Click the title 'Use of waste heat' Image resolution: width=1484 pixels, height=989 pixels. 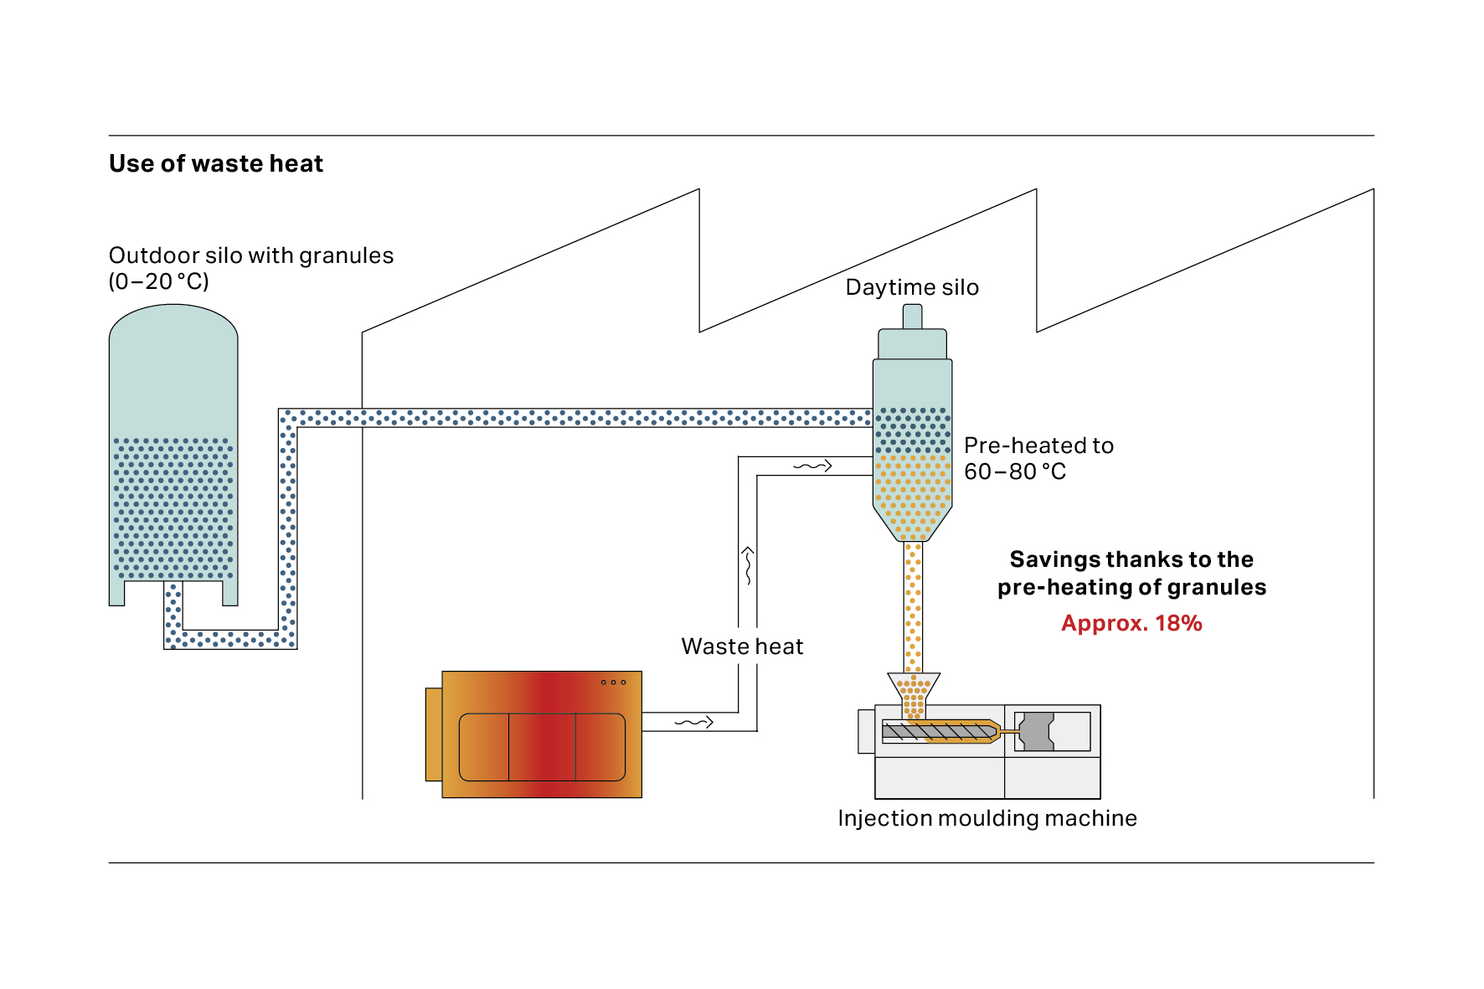216,163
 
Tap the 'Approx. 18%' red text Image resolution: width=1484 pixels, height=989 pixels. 1131,623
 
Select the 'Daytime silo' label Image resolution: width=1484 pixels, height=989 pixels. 912,288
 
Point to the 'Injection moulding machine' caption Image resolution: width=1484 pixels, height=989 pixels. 987,818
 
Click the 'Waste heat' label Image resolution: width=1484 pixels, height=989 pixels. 742,646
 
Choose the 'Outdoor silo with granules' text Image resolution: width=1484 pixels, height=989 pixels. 251,255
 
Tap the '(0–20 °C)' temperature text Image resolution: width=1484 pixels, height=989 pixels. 159,281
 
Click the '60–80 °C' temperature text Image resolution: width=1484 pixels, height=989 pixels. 1015,471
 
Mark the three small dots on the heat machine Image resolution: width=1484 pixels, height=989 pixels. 613,683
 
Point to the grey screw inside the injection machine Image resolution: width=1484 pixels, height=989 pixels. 939,732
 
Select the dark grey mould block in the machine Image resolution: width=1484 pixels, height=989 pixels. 1037,731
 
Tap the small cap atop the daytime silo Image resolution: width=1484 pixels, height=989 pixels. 912,317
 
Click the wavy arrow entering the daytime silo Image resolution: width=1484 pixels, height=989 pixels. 812,466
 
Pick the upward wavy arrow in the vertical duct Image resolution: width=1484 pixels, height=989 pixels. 748,565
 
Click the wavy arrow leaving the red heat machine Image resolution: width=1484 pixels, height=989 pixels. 693,722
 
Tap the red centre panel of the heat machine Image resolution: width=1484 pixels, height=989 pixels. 542,747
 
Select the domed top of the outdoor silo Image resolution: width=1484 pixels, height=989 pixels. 173,322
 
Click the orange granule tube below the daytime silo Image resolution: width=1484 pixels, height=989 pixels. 913,607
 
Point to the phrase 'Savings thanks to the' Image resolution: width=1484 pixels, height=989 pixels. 1131,559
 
